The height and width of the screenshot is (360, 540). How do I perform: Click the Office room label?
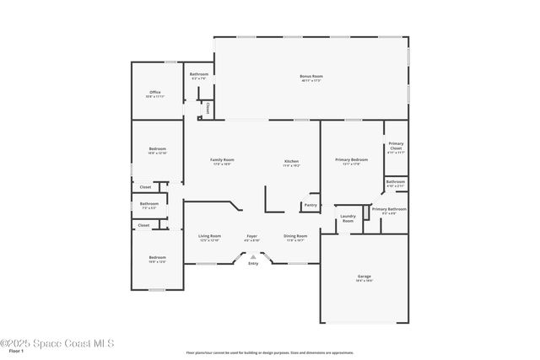click(155, 92)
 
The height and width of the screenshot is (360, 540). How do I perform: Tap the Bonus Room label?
click(311, 77)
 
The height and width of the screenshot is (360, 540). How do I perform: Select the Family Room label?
click(222, 159)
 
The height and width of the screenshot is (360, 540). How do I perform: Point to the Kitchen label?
click(291, 161)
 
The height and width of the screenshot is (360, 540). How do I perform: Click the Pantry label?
click(310, 205)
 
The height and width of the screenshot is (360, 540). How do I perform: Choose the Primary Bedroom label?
click(351, 159)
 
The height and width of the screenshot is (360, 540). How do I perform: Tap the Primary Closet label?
click(396, 146)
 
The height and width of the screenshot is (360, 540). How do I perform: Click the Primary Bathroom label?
click(389, 208)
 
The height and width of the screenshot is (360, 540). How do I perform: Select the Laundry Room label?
click(348, 218)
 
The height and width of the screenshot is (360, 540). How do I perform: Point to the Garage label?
click(364, 276)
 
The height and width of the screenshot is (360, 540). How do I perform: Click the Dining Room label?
click(295, 236)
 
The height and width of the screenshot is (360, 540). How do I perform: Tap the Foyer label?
click(251, 236)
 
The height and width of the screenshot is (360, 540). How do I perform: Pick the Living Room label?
click(209, 236)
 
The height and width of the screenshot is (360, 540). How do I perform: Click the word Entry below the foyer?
click(253, 265)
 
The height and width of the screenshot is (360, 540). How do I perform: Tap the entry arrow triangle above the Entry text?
click(253, 257)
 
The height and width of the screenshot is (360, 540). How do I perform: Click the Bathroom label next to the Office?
click(198, 74)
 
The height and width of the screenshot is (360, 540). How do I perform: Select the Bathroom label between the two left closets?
click(149, 203)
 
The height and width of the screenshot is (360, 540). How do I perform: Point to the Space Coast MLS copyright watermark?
click(57, 343)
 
